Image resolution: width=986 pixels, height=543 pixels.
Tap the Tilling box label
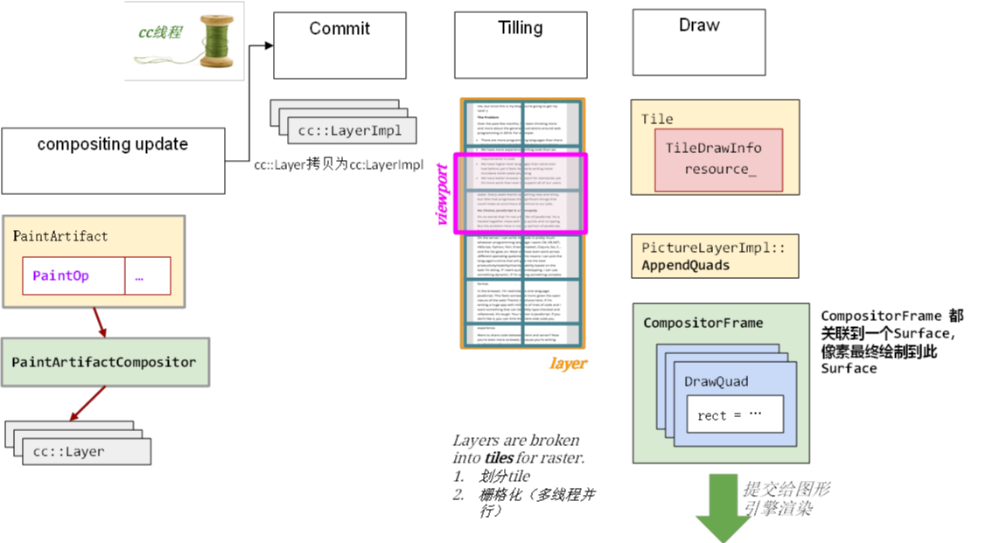coord(521,28)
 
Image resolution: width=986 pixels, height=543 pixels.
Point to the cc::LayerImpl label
coord(350,131)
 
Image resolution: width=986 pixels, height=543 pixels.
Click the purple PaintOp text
coord(60,275)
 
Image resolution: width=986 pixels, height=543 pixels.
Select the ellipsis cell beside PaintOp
coord(147,275)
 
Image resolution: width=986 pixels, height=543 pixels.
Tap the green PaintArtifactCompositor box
coord(104,362)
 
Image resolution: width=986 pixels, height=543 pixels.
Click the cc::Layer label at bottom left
coord(68,451)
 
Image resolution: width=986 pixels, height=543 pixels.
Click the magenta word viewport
coord(443,193)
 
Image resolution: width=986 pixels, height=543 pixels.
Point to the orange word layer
coord(568,364)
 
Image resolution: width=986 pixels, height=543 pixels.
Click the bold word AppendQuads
coord(685,265)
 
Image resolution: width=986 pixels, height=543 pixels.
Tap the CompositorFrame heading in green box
coord(703,323)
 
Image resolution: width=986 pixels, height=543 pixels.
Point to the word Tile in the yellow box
coord(657,119)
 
